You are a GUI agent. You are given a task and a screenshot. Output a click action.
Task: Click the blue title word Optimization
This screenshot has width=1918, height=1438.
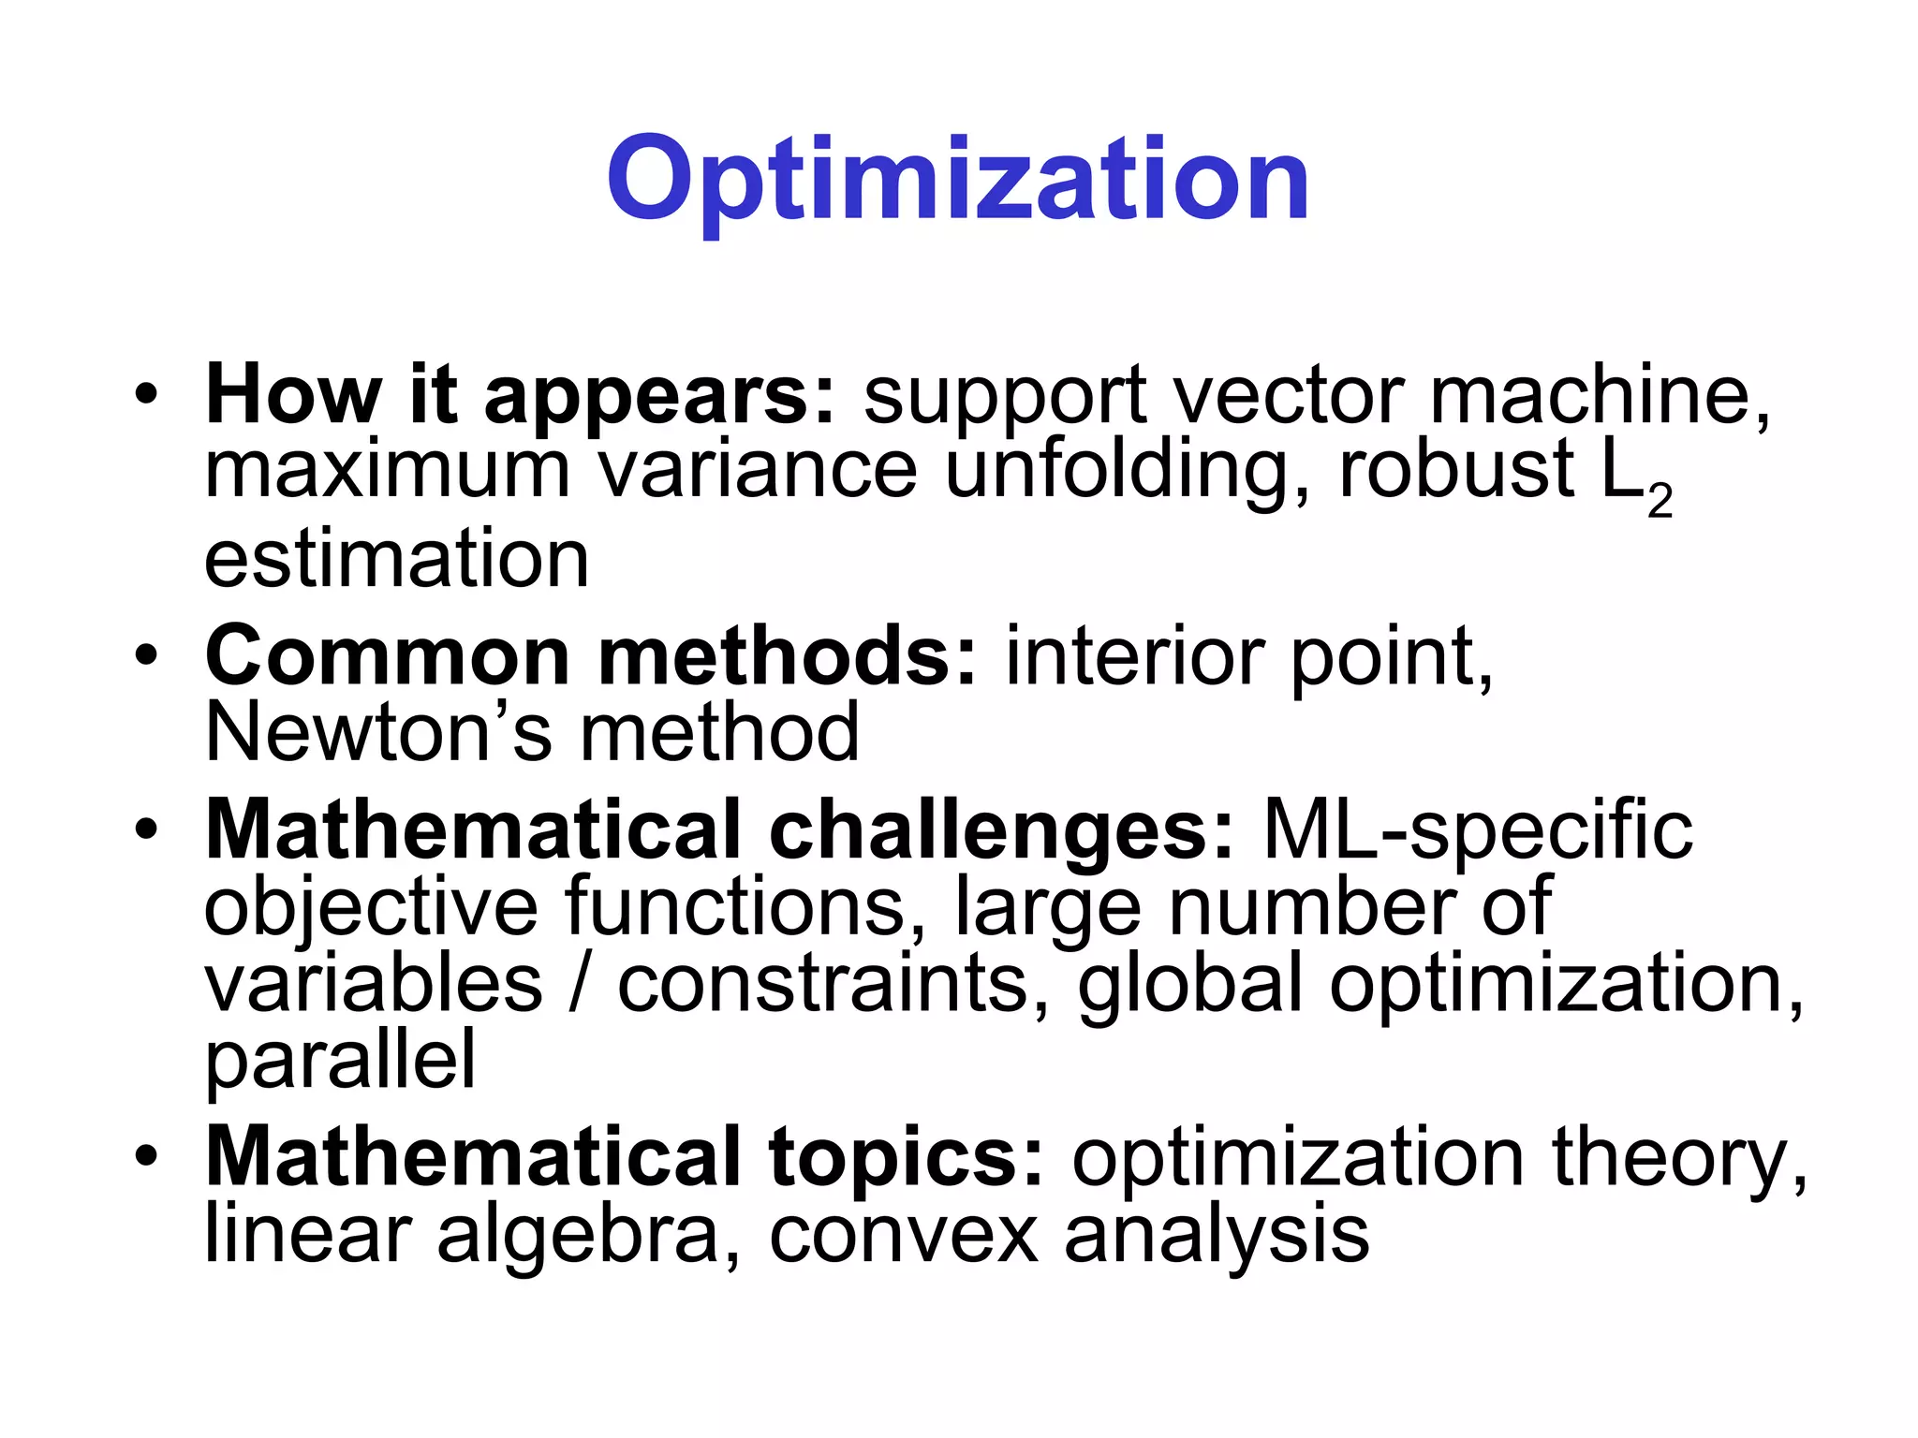point(957,180)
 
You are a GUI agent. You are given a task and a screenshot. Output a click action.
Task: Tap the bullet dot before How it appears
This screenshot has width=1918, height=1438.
point(146,394)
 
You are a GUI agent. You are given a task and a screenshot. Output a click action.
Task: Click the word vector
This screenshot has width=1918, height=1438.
point(1288,395)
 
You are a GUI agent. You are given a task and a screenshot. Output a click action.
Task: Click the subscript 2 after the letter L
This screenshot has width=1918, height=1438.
point(1660,502)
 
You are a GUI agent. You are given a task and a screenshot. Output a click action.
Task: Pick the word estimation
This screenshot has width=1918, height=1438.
point(396,559)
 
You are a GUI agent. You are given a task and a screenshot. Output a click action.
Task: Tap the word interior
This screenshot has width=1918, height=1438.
point(1134,657)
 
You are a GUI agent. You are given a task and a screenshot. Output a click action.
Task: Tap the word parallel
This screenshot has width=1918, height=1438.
point(340,1061)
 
